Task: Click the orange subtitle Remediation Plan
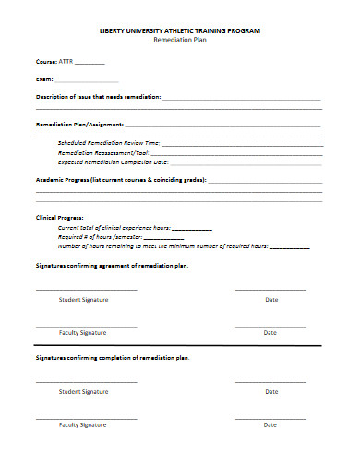[179, 42]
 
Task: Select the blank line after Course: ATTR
[90, 65]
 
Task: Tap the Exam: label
[44, 79]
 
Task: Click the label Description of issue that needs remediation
[99, 95]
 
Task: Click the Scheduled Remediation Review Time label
[109, 143]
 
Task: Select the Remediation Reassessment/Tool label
[103, 152]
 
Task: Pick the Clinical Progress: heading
[60, 216]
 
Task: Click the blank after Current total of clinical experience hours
[191, 228]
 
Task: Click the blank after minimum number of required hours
[290, 247]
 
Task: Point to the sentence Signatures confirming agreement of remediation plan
[112, 265]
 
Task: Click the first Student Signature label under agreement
[84, 300]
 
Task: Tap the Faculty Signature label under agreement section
[83, 332]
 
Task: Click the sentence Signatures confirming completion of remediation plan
[113, 357]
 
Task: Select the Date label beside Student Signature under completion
[271, 391]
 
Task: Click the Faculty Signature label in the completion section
[83, 424]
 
